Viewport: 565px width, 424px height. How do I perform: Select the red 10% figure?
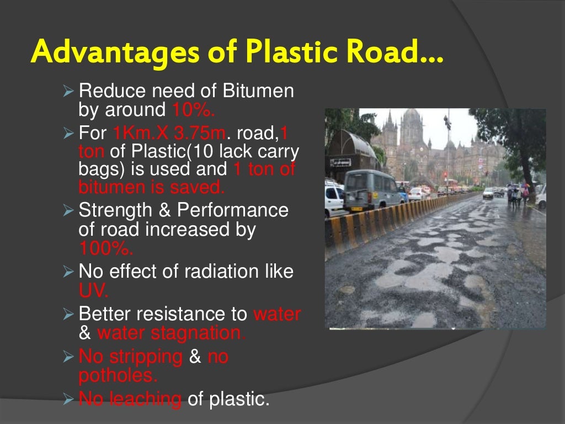(193, 110)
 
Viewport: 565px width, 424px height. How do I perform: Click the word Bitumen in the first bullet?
(258, 91)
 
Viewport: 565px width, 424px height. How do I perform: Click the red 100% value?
(105, 248)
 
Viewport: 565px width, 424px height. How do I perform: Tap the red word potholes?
(118, 375)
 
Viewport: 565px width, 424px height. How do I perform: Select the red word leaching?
(147, 399)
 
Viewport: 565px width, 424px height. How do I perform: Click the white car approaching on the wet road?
(488, 193)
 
